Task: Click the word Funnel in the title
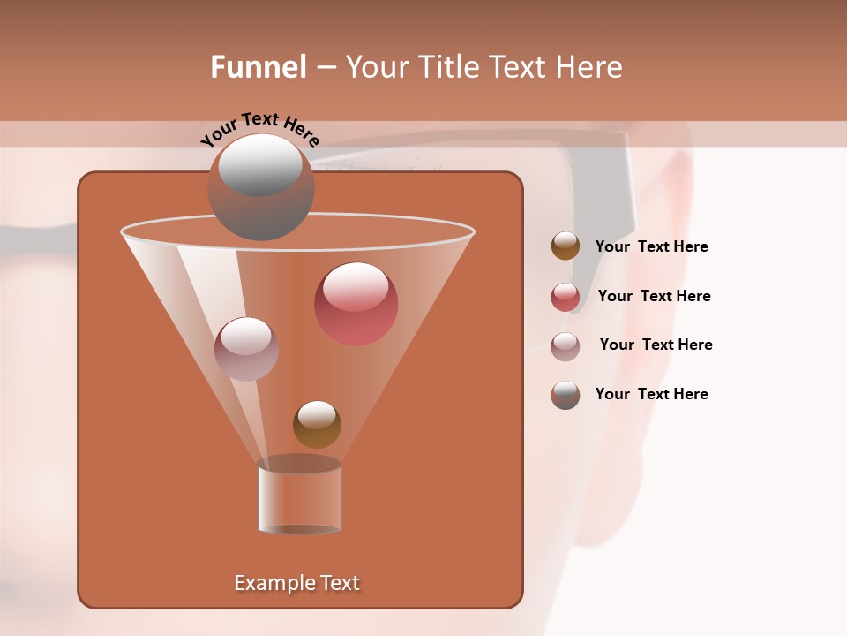tap(258, 67)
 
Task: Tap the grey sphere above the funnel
tap(260, 186)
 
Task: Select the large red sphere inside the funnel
tap(356, 303)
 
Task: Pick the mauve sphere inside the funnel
tap(246, 348)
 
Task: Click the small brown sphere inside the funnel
tap(317, 424)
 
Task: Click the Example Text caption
tap(296, 583)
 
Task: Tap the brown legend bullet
tap(566, 246)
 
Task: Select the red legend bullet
tap(566, 297)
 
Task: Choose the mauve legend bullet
tap(566, 346)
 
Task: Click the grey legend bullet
tap(566, 395)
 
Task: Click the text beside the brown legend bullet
tap(651, 246)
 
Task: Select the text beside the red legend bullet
tap(654, 296)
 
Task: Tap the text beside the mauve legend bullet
tap(656, 344)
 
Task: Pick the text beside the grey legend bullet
tap(651, 394)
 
